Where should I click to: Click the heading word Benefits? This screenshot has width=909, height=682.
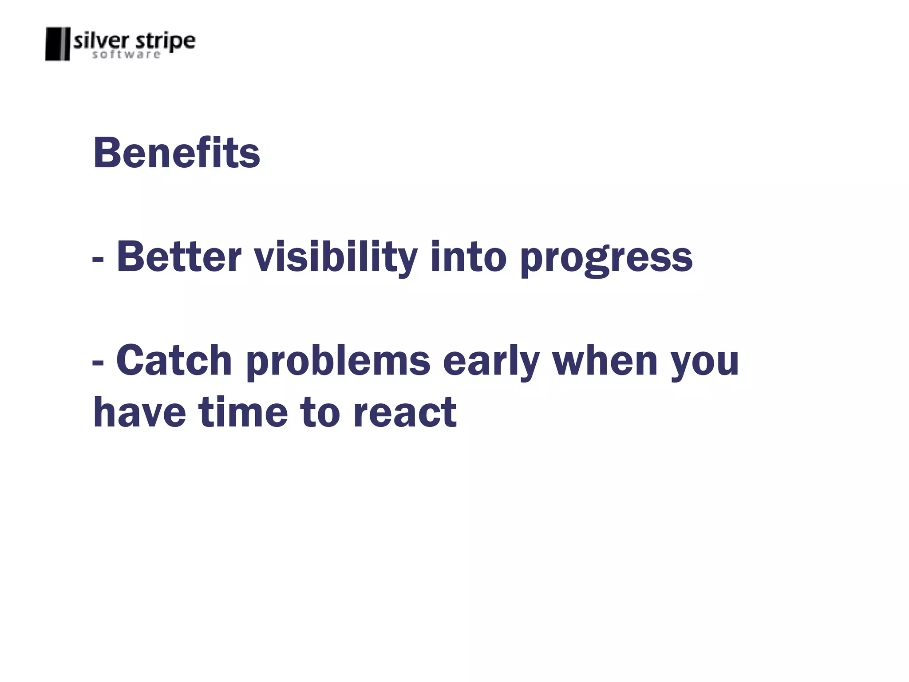coord(176,153)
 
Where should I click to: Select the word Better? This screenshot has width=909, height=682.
coord(179,257)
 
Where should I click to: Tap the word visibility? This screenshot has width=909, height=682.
coord(336,257)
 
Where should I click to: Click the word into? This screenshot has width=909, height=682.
coord(468,257)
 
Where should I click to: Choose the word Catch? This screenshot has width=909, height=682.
coord(174,361)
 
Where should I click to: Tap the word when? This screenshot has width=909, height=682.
coord(605,361)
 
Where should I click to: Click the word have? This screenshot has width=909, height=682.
coord(139,412)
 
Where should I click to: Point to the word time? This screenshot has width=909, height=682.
coord(243,412)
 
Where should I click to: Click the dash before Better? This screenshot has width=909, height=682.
coord(98,259)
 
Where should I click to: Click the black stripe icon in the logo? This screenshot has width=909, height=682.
coord(58,44)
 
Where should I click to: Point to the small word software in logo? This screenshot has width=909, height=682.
coord(126,55)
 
